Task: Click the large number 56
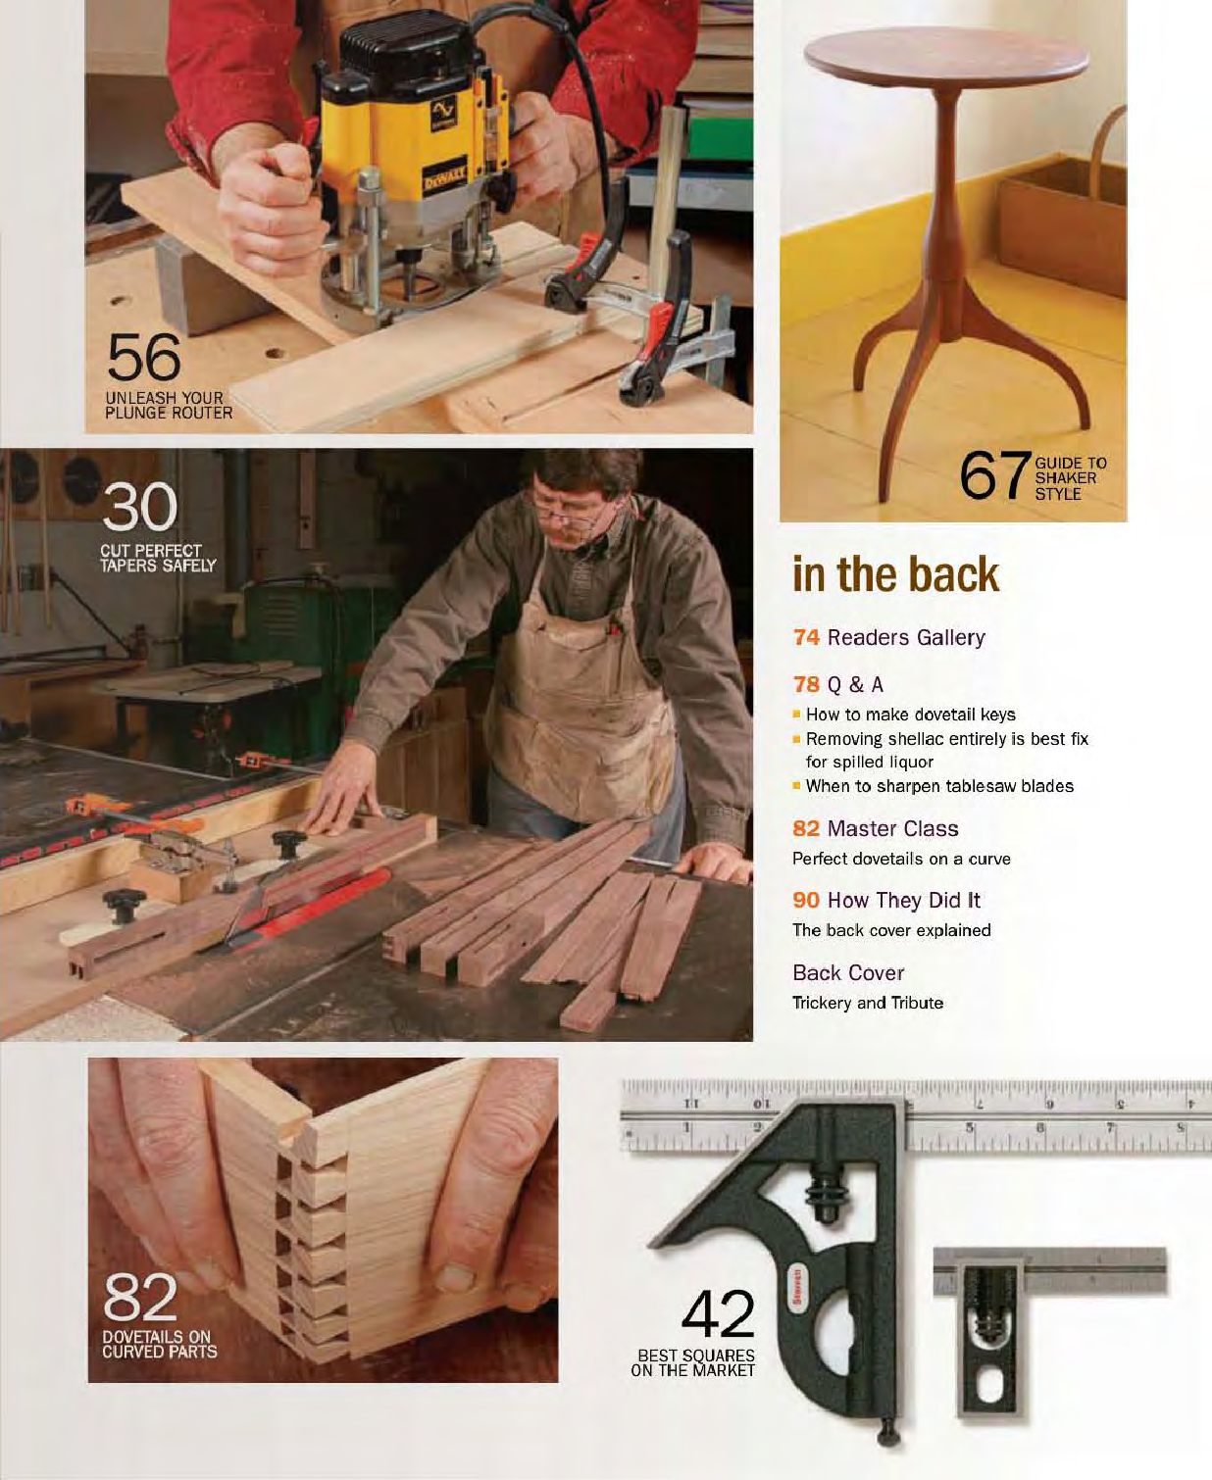[x=144, y=357]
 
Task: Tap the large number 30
[x=140, y=508]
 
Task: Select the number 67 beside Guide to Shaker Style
[x=993, y=476]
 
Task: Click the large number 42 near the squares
[x=718, y=1314]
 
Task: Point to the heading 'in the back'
[x=895, y=574]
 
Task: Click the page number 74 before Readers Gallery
[x=806, y=638]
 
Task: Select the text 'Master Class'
[x=892, y=829]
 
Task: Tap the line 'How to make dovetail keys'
[x=910, y=715]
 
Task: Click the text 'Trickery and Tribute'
[x=868, y=1003]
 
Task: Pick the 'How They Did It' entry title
[x=903, y=901]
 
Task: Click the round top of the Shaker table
[x=947, y=53]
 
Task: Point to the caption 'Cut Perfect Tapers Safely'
[x=157, y=559]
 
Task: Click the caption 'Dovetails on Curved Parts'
[x=159, y=1344]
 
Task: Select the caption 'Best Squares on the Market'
[x=693, y=1362]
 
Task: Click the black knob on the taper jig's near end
[x=123, y=905]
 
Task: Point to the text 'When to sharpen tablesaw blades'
[x=939, y=786]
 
